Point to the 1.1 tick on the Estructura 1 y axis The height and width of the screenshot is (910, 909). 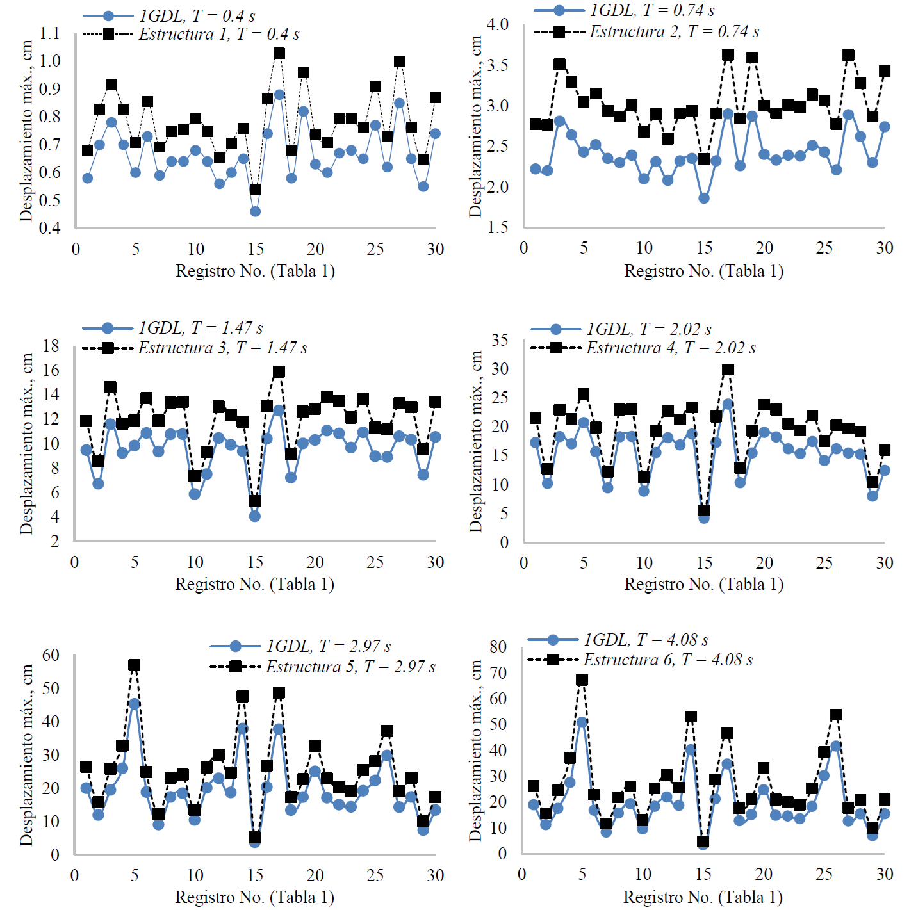pyautogui.click(x=49, y=33)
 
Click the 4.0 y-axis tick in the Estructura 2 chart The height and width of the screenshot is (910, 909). pyautogui.click(x=497, y=24)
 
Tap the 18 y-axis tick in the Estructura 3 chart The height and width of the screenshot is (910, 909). pyautogui.click(x=51, y=346)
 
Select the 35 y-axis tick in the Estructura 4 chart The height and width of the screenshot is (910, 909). pyautogui.click(x=500, y=340)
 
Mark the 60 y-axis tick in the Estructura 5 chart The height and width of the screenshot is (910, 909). pyautogui.click(x=51, y=655)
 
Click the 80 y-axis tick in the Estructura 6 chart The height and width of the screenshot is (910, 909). pyautogui.click(x=498, y=647)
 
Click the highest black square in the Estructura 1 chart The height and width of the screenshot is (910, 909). pyautogui.click(x=279, y=53)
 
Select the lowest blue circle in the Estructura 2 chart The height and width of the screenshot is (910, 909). pyautogui.click(x=704, y=198)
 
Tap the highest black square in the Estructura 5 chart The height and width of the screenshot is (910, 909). pyautogui.click(x=134, y=665)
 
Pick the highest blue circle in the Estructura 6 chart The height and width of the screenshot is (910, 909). pyautogui.click(x=582, y=722)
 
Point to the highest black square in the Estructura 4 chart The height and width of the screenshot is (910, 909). pyautogui.click(x=728, y=370)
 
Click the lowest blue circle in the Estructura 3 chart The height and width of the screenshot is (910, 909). pyautogui.click(x=255, y=516)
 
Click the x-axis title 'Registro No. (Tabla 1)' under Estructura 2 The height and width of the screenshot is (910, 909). pyautogui.click(x=704, y=271)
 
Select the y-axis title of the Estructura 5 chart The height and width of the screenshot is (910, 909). pyautogui.click(x=26, y=754)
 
